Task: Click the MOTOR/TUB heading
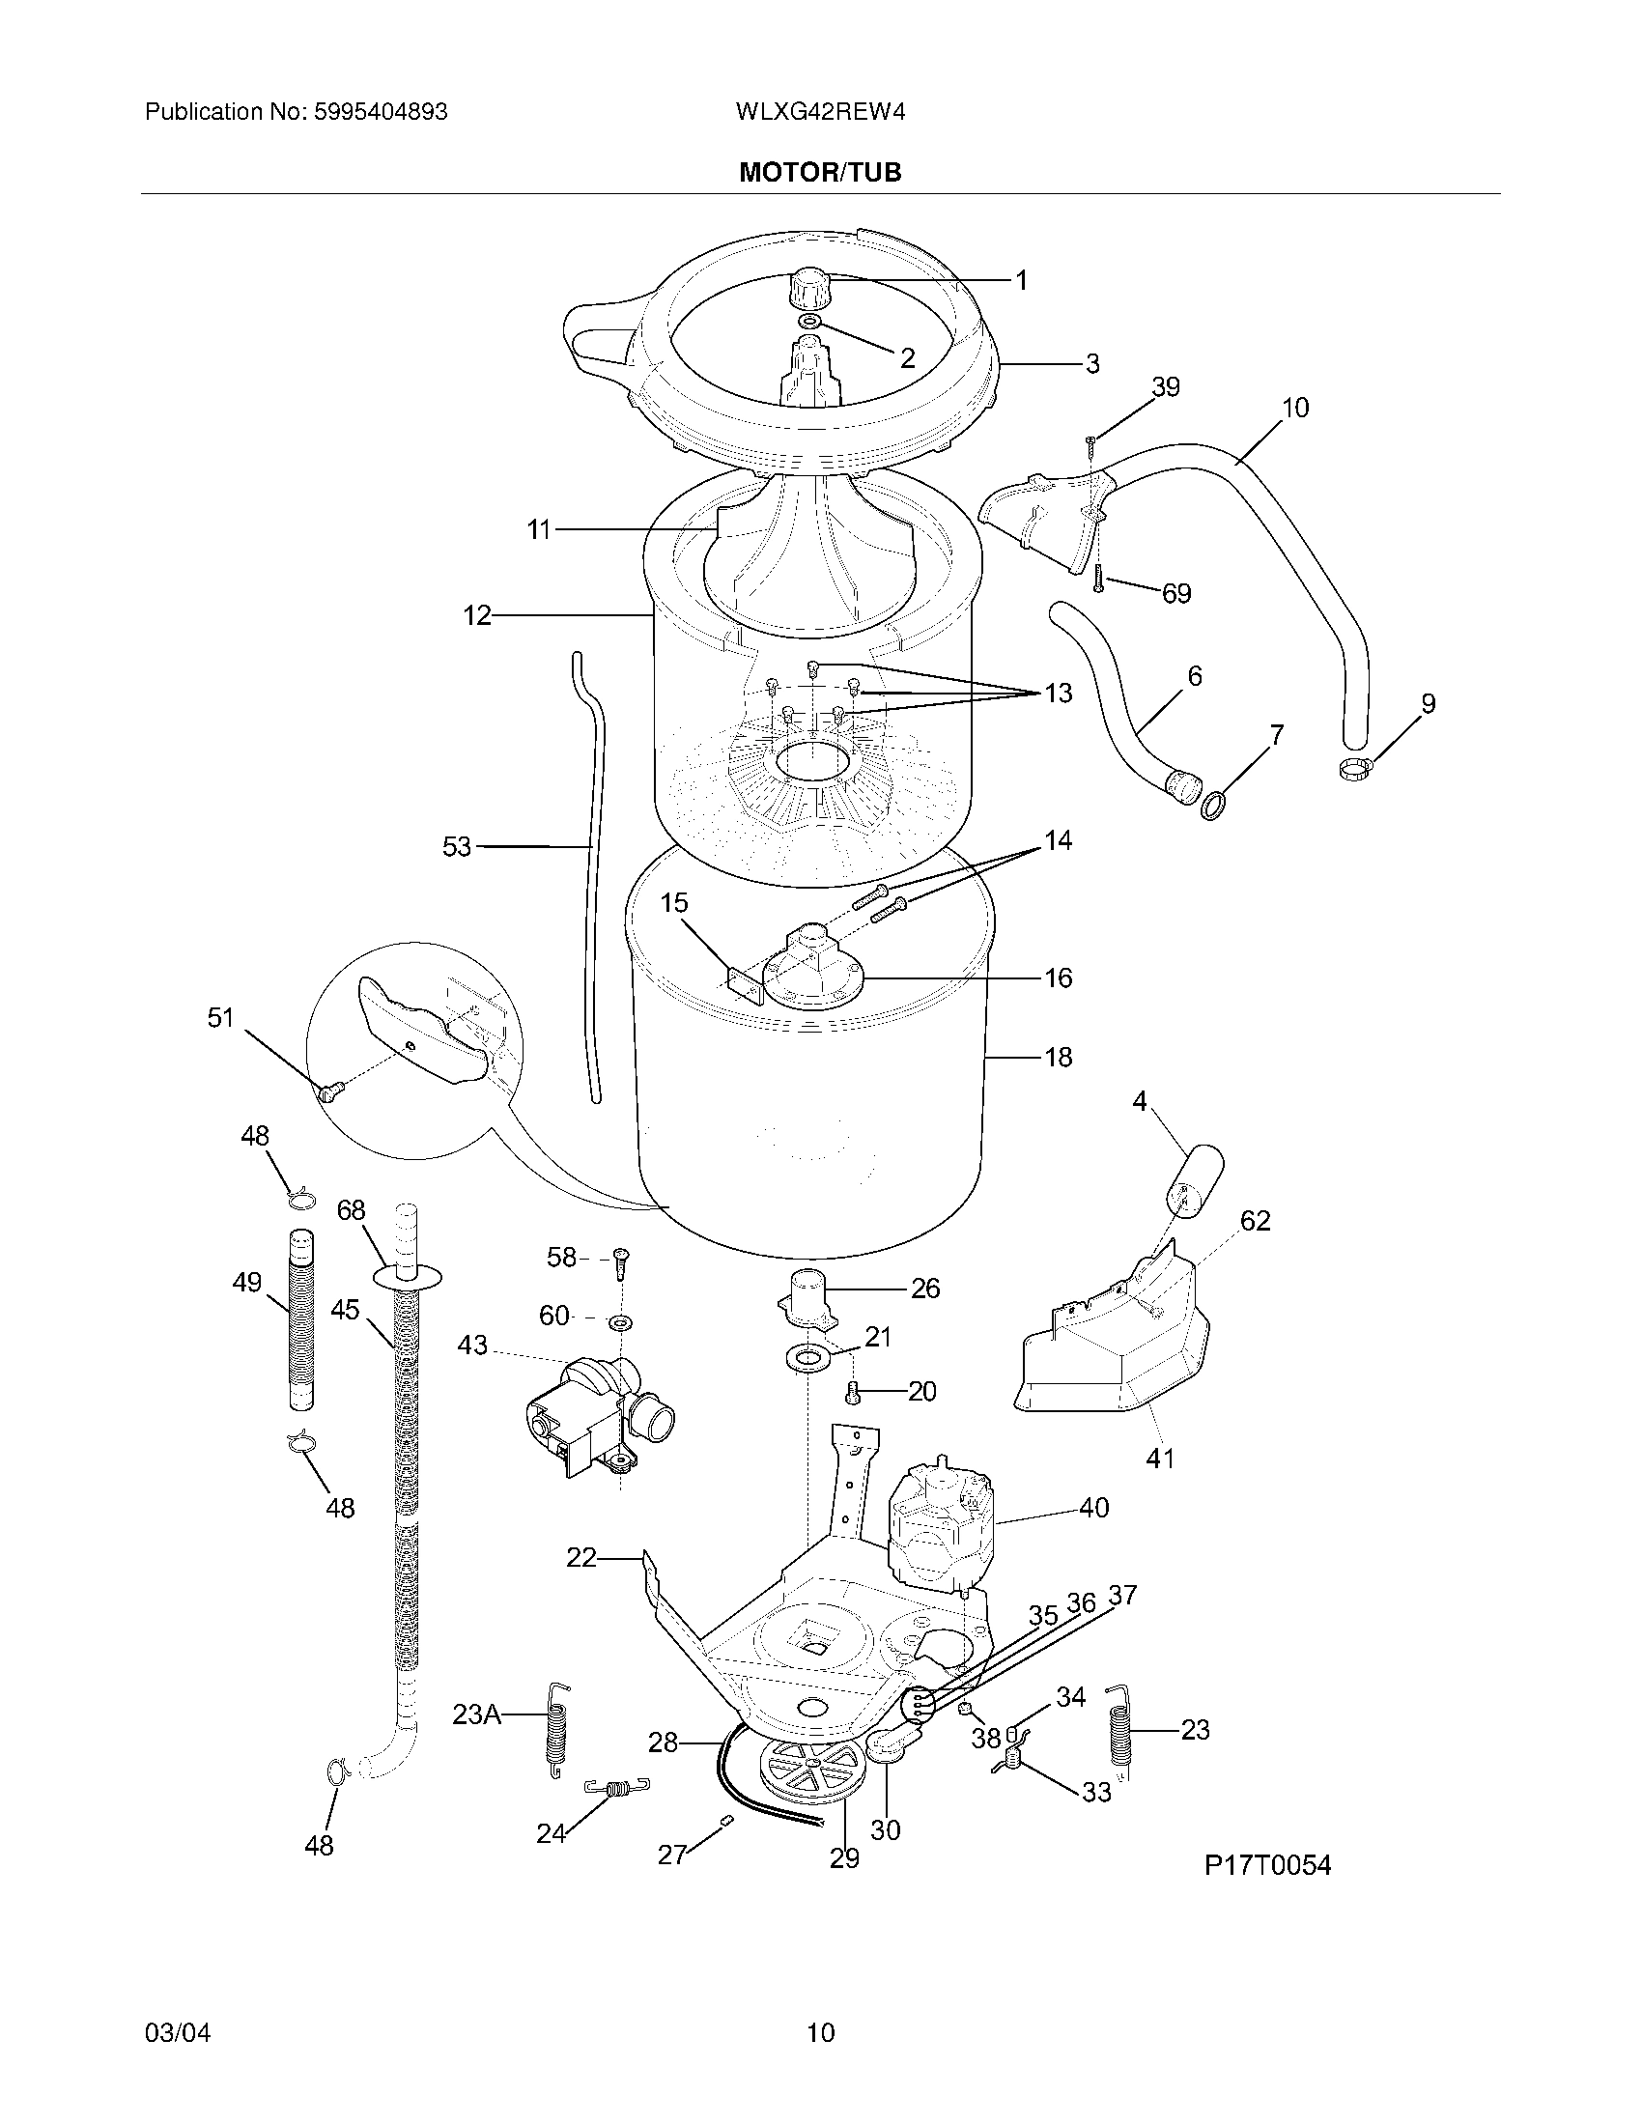[820, 172]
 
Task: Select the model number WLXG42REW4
[820, 112]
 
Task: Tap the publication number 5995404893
[381, 112]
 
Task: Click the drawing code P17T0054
[1267, 1864]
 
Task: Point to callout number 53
[456, 846]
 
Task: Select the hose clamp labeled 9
[1355, 772]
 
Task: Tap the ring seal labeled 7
[1213, 806]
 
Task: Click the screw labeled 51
[326, 1092]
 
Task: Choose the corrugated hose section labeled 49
[302, 1320]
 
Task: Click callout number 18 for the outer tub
[1058, 1057]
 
